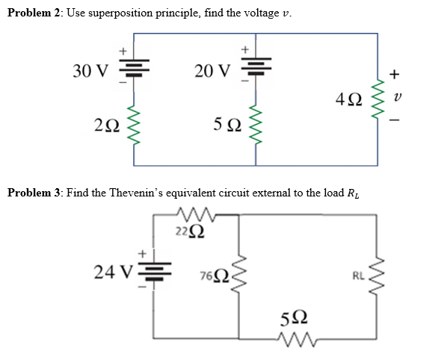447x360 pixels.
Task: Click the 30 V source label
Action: coord(90,71)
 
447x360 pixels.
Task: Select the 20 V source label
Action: coord(212,71)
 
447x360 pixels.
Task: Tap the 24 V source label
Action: coord(113,270)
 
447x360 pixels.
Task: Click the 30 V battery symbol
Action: coord(135,68)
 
